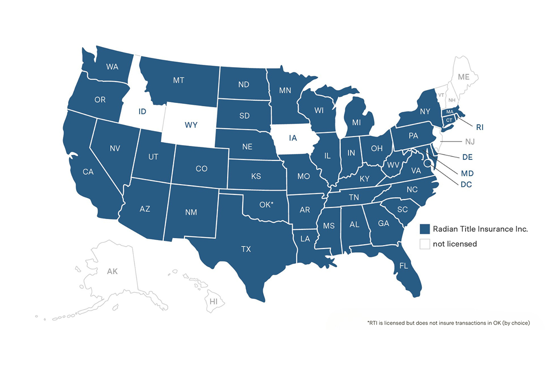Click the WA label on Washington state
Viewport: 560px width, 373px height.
[x=112, y=67]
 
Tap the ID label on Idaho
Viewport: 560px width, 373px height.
[x=142, y=111]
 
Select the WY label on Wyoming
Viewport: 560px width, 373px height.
[x=190, y=125]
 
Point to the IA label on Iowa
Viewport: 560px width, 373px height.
[x=293, y=138]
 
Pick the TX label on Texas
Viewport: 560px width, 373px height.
[x=246, y=249]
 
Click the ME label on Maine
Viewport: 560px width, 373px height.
[x=463, y=77]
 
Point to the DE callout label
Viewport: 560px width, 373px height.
[x=468, y=157]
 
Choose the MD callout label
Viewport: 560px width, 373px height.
[x=467, y=173]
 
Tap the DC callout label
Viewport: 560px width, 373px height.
[x=466, y=185]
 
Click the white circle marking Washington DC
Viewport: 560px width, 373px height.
[x=427, y=163]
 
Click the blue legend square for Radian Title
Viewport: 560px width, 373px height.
[x=424, y=229]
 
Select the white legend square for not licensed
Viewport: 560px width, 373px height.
[x=424, y=244]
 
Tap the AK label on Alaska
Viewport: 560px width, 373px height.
[x=112, y=271]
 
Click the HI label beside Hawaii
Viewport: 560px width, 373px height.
[x=214, y=302]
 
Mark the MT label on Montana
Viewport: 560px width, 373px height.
[x=178, y=80]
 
